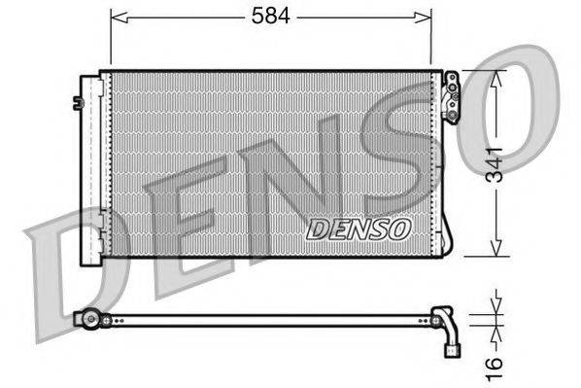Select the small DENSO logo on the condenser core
[359, 229]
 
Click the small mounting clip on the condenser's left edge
[76, 101]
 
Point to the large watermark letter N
[291, 185]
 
